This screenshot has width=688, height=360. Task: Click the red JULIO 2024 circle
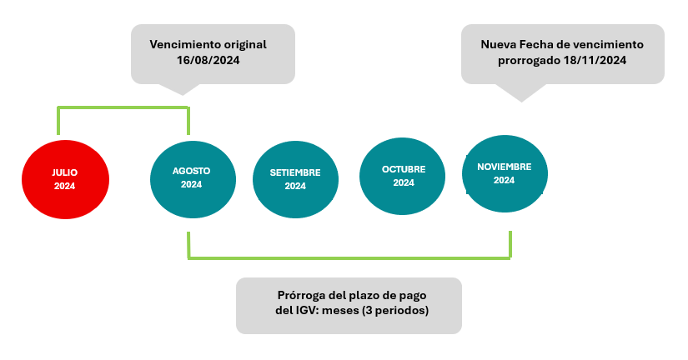(65, 179)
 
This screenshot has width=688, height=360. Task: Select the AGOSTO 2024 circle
(193, 179)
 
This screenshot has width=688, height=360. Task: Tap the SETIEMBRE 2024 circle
(295, 179)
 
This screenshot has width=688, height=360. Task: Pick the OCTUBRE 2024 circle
(402, 177)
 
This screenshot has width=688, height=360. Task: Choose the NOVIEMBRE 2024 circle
(505, 173)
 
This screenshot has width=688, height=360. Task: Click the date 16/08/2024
(208, 60)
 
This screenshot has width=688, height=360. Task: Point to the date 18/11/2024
(595, 60)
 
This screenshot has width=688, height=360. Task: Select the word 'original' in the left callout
(244, 44)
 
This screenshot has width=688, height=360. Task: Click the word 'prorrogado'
(530, 61)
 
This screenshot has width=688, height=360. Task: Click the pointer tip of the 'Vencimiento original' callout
(183, 95)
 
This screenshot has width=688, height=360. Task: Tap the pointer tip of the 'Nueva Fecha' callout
(522, 102)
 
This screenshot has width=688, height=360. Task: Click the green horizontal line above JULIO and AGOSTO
(123, 107)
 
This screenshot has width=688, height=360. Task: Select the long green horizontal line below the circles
(349, 257)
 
